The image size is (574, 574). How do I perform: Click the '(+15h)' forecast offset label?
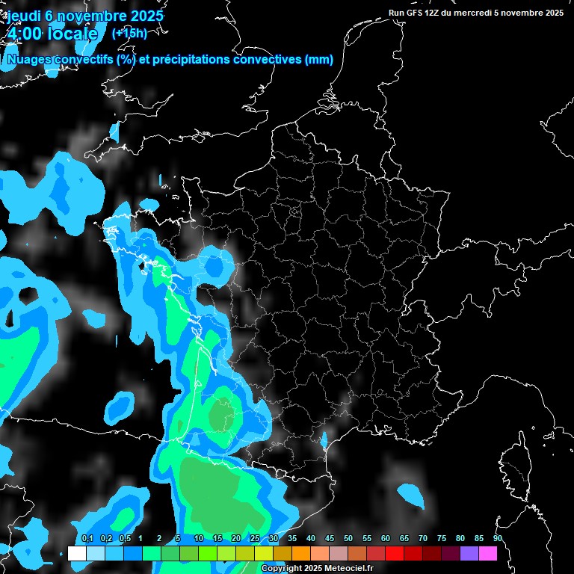click(x=129, y=33)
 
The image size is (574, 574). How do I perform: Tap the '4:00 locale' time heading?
click(x=52, y=34)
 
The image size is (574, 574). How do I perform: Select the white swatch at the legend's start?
click(x=76, y=553)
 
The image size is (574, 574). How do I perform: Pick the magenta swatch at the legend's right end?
click(x=488, y=553)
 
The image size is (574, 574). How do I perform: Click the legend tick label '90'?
click(x=498, y=539)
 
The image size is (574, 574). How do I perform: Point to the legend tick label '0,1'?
click(x=87, y=539)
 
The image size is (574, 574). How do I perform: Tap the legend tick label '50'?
click(x=348, y=539)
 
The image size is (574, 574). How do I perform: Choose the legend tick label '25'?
click(x=255, y=539)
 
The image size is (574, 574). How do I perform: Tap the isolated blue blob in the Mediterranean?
click(x=410, y=493)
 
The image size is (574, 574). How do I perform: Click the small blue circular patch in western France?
click(x=217, y=266)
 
